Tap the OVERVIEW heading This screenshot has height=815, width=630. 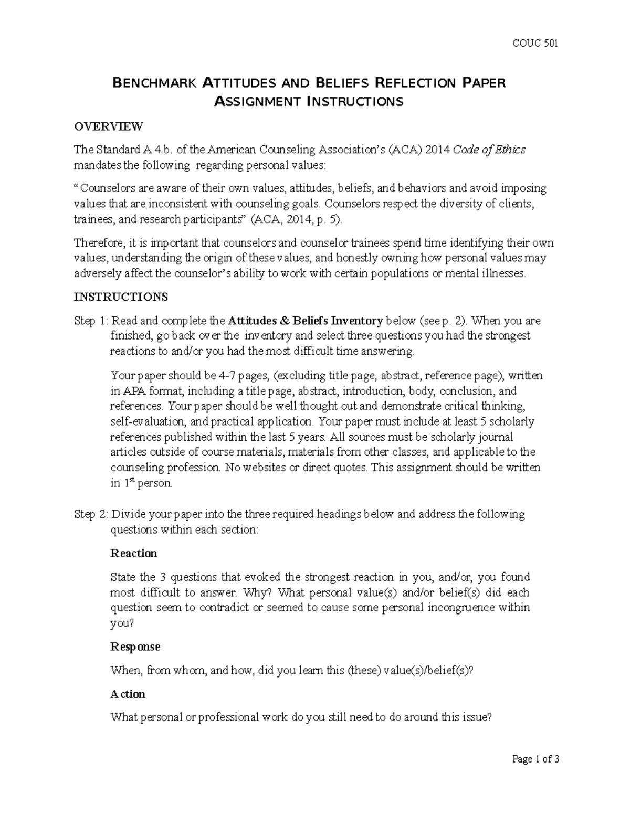click(x=108, y=126)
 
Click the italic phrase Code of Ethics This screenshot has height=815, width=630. click(x=489, y=150)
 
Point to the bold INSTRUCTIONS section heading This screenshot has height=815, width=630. click(x=121, y=297)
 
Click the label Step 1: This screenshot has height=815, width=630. click(x=91, y=321)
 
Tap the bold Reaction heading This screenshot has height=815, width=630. click(x=133, y=554)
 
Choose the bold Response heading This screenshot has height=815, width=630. click(x=135, y=647)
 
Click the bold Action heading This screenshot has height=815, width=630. click(x=128, y=694)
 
